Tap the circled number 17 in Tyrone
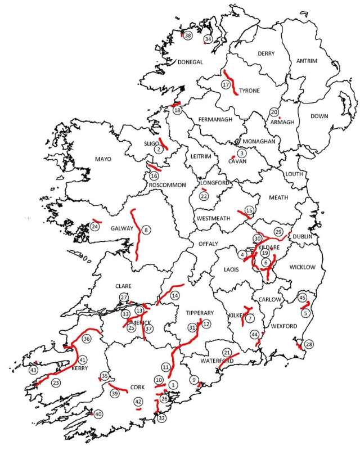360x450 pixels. point(226,84)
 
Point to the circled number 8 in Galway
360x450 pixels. point(146,229)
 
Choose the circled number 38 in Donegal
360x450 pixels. point(188,35)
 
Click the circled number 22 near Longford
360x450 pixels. point(204,196)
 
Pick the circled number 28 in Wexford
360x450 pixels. point(308,344)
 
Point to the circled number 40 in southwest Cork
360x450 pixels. point(98,414)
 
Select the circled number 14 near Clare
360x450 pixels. point(175,295)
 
